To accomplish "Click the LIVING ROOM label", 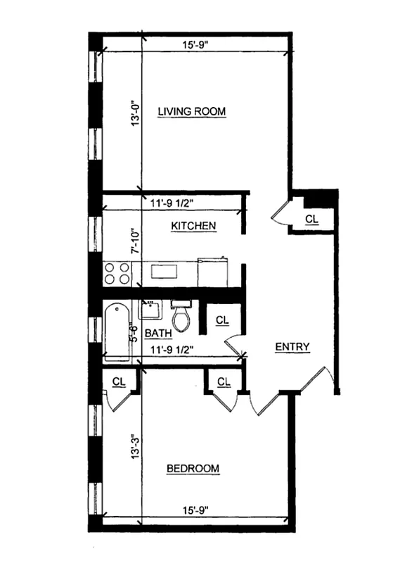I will click(x=191, y=111).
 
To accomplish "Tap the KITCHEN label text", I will click(x=193, y=226).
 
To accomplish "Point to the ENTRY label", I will click(x=292, y=346).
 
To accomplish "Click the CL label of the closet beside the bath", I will click(x=222, y=320).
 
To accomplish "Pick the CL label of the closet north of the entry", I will click(x=312, y=219).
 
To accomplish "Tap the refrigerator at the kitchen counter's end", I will click(x=214, y=272).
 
